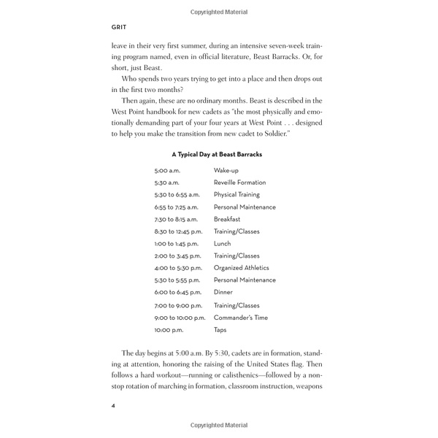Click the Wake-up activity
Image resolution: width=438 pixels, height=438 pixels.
point(226,170)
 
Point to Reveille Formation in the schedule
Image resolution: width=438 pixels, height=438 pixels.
point(239,182)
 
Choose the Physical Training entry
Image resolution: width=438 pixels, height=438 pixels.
point(237,195)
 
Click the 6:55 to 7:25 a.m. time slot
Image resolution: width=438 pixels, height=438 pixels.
point(176,207)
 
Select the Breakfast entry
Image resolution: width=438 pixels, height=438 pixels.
point(227,219)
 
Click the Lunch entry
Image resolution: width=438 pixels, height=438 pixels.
point(222,244)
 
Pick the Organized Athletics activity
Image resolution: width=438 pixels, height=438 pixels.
point(241,268)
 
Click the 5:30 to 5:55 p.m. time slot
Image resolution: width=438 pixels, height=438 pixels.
point(176,280)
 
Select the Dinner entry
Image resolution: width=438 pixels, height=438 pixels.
point(223,292)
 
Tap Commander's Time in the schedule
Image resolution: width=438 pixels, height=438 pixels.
point(241,318)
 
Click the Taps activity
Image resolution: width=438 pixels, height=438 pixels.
point(220,330)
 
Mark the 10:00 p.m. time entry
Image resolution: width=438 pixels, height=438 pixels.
point(167,330)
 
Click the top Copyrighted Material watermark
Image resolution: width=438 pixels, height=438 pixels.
point(219,12)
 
